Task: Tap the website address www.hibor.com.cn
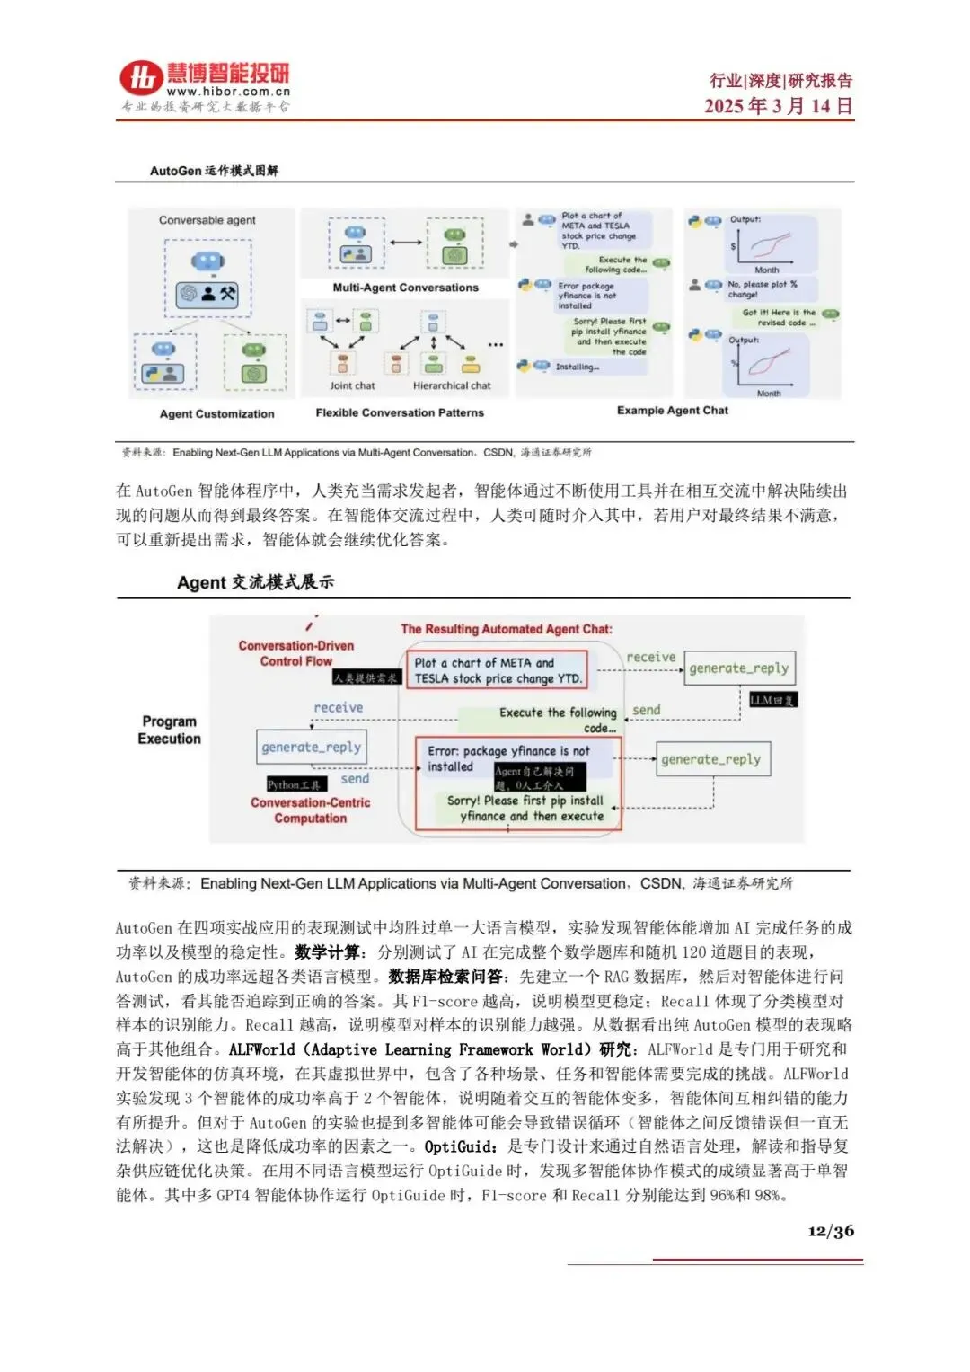(x=228, y=92)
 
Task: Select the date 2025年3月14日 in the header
(x=778, y=106)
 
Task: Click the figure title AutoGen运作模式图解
(x=214, y=171)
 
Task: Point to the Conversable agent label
(x=207, y=220)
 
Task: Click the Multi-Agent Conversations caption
(x=405, y=288)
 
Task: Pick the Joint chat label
(x=352, y=385)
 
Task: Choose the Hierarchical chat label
(x=452, y=385)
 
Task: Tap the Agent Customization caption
(x=217, y=414)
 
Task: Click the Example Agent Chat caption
(x=672, y=411)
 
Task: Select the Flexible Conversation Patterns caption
(x=400, y=413)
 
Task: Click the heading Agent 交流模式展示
(x=255, y=582)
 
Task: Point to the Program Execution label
(x=169, y=730)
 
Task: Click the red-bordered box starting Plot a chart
(x=498, y=670)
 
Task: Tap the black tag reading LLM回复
(x=772, y=700)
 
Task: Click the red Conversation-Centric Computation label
(x=310, y=810)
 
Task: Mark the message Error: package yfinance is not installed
(x=508, y=758)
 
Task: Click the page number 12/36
(x=830, y=1231)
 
